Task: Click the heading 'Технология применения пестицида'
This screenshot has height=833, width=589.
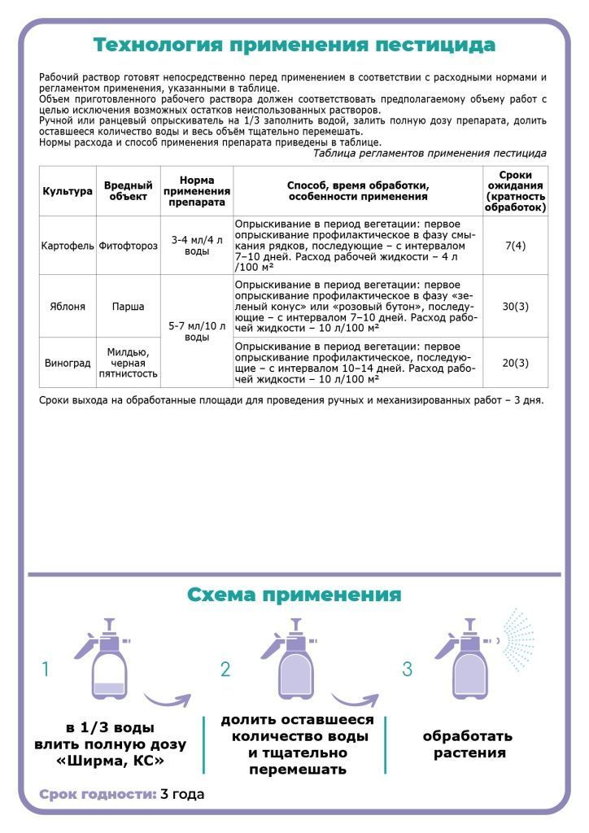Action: coord(294,44)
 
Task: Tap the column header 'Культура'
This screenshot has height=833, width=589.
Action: coord(67,191)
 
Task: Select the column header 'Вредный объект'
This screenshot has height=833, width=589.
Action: coord(127,191)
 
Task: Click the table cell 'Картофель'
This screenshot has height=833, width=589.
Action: coord(67,245)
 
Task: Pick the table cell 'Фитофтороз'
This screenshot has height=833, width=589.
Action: coord(127,245)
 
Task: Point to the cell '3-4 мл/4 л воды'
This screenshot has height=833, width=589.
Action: coord(196,245)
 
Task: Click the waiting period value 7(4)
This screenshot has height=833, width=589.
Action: coord(514,245)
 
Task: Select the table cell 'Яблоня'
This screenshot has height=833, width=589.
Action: coord(67,307)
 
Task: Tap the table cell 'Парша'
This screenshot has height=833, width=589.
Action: coord(127,307)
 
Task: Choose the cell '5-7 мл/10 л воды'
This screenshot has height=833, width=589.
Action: coord(196,331)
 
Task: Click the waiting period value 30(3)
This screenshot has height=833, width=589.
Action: coord(514,307)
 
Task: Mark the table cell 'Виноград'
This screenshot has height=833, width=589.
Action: coord(67,363)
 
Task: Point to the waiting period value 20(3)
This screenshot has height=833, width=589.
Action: coord(514,363)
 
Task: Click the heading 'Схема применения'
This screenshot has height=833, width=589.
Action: coord(294,595)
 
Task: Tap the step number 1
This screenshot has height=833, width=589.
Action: coord(46,669)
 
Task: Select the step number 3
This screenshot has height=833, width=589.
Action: coord(408,669)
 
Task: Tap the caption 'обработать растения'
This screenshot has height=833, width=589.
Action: coord(468,744)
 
